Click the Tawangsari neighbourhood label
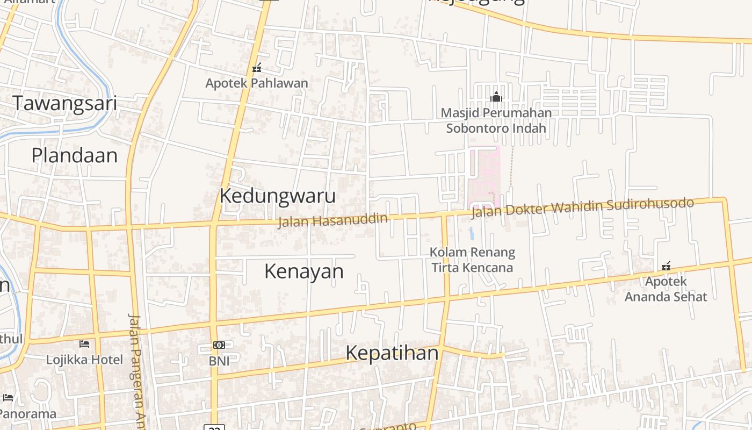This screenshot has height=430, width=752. click(x=64, y=103)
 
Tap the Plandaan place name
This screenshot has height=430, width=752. click(x=74, y=155)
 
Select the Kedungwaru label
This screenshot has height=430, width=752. click(x=277, y=196)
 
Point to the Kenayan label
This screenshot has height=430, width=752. click(x=303, y=271)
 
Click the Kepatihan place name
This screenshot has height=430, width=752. click(x=392, y=353)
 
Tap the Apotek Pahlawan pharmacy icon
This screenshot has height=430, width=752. click(x=257, y=68)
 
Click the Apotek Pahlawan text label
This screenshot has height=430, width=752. click(x=257, y=83)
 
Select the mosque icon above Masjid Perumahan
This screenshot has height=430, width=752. click(x=496, y=97)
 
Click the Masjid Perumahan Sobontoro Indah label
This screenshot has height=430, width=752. click(x=496, y=120)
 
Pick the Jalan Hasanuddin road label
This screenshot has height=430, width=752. click(x=332, y=220)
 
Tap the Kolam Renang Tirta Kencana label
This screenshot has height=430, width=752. click(x=473, y=260)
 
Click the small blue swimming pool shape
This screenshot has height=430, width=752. click(x=472, y=233)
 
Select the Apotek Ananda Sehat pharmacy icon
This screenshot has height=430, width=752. click(x=666, y=266)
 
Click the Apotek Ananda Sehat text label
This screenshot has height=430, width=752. click(x=666, y=289)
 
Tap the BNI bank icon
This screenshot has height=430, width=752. click(x=219, y=345)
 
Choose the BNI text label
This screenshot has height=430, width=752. click(x=219, y=361)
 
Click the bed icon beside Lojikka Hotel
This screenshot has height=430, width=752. click(x=84, y=343)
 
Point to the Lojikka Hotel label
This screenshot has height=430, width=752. click(x=84, y=360)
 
